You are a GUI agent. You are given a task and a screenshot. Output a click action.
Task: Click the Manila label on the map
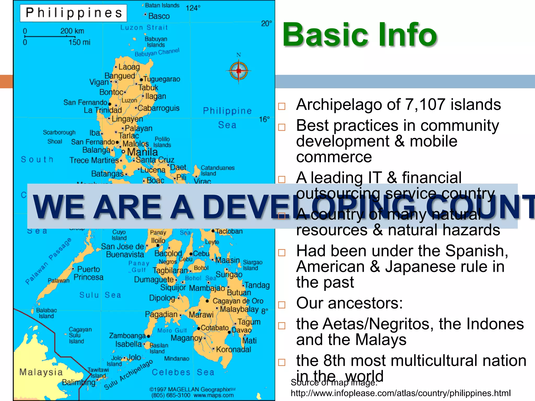pyautogui.click(x=142, y=152)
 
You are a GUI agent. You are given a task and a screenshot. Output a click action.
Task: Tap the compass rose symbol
pyautogui.click(x=239, y=71)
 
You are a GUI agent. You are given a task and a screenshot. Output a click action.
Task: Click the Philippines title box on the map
pyautogui.click(x=73, y=13)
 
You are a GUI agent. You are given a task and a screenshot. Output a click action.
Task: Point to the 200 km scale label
pyautogui.click(x=72, y=31)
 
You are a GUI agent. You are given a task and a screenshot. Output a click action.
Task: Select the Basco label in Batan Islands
pyautogui.click(x=159, y=16)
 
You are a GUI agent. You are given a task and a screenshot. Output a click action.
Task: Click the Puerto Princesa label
pyautogui.click(x=89, y=273)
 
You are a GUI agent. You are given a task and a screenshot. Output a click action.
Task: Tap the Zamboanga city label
pyautogui.click(x=127, y=335)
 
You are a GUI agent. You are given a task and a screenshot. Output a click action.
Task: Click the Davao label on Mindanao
pyautogui.click(x=242, y=330)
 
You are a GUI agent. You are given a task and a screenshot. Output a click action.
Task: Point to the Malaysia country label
pyautogui.click(x=41, y=372)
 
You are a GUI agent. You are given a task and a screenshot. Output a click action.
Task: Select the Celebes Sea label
pyautogui.click(x=183, y=372)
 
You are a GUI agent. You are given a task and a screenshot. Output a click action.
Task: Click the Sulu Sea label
pyautogui.click(x=100, y=295)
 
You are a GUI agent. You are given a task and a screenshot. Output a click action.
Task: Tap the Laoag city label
pyautogui.click(x=129, y=67)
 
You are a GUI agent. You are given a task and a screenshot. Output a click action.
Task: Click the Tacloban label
pyautogui.click(x=229, y=231)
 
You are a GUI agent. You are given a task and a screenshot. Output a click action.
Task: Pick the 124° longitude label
pyautogui.click(x=193, y=8)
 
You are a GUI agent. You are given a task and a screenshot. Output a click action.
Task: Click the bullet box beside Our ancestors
pyautogui.click(x=282, y=305)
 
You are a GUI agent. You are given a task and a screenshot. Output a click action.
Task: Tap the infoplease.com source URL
pyautogui.click(x=400, y=393)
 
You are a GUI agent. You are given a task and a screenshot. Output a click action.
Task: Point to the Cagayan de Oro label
pyautogui.click(x=238, y=301)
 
